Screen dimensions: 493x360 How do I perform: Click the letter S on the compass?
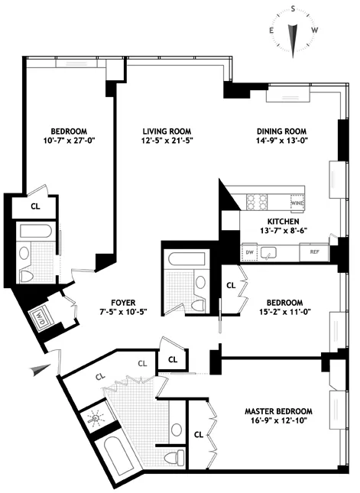294,9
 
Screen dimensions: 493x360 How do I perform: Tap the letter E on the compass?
271,31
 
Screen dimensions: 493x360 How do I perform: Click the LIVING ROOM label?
166,130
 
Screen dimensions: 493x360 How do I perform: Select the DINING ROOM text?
286,130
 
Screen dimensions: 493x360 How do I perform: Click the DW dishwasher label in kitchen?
249,251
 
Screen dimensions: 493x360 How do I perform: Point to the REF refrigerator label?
313,251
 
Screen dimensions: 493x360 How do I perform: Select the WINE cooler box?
297,202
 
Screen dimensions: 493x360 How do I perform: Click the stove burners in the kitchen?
256,202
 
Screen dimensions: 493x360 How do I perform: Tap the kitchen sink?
268,251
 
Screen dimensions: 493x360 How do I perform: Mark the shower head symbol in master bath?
96,420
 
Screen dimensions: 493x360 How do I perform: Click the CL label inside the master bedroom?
199,434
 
